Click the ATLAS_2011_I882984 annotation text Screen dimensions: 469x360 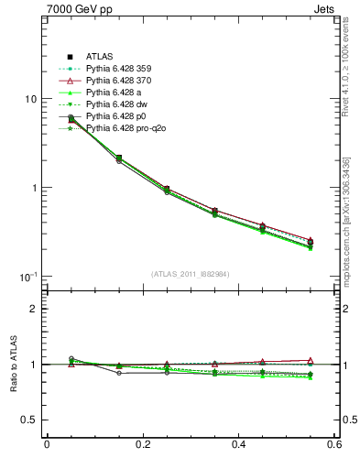[191, 274]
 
